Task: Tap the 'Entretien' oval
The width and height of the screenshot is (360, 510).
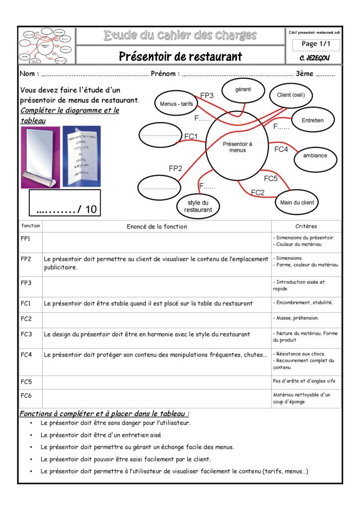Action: (312, 121)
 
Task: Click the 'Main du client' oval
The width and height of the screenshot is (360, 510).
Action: (297, 203)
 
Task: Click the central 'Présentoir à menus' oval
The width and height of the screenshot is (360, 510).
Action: (238, 147)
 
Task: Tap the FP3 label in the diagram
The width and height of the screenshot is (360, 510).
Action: (207, 95)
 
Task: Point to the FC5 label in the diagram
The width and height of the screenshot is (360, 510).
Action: (270, 178)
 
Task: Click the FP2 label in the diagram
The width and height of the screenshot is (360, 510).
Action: (175, 168)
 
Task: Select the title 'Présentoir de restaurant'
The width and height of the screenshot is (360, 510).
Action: (180, 56)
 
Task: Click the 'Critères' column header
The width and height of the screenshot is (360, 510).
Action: (306, 226)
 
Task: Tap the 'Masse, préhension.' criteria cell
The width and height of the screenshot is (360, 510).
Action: (306, 318)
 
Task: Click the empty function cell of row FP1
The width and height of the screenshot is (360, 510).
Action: (156, 242)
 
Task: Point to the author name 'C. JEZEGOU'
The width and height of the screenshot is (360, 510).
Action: (315, 58)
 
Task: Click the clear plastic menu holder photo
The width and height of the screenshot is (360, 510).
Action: (40, 157)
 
